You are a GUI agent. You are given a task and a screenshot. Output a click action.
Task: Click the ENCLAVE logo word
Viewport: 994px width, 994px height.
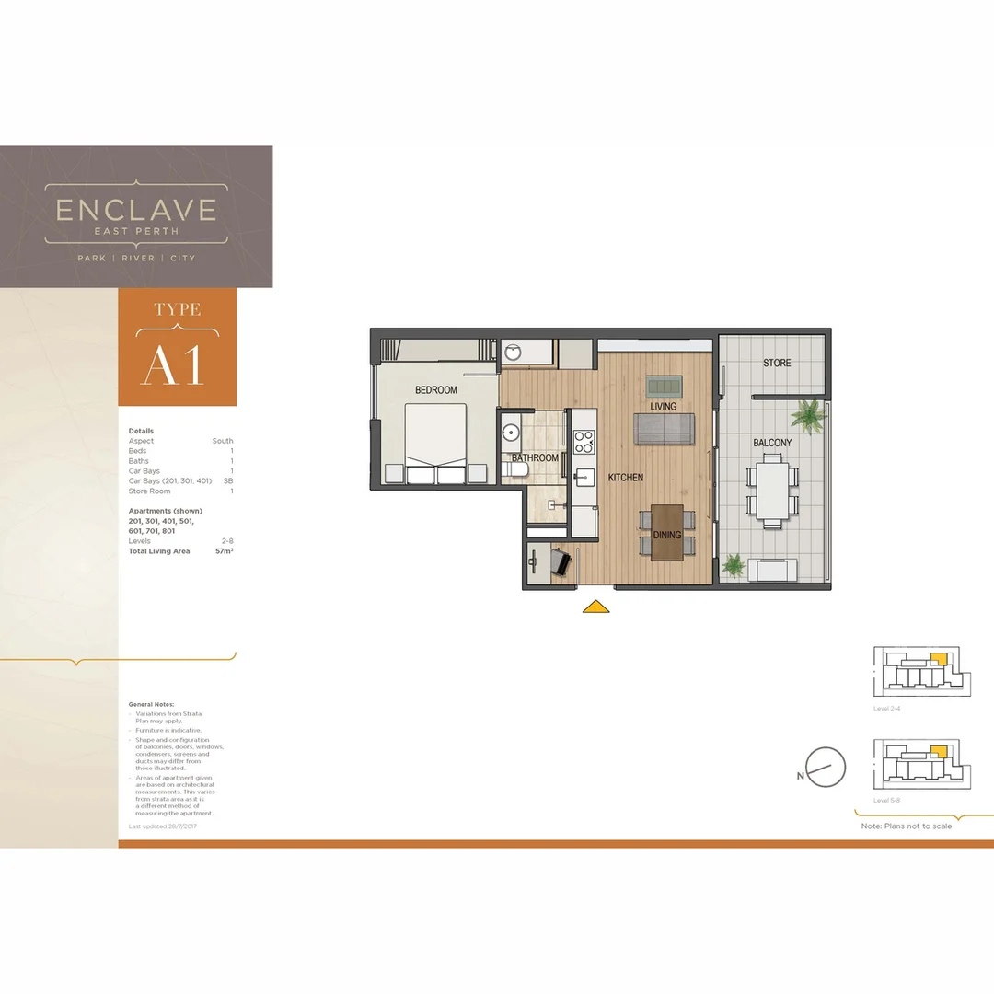pyautogui.click(x=136, y=211)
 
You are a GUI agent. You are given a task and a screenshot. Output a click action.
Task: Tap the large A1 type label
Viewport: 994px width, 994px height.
pyautogui.click(x=172, y=365)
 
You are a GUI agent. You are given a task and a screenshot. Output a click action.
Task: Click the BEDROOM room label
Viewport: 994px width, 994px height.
pyautogui.click(x=435, y=390)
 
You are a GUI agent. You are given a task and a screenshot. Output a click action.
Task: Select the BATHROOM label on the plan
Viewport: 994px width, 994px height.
pyautogui.click(x=535, y=458)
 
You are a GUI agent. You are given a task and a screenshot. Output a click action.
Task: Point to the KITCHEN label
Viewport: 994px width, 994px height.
pyautogui.click(x=625, y=478)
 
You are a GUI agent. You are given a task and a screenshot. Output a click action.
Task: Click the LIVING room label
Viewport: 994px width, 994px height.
pyautogui.click(x=663, y=406)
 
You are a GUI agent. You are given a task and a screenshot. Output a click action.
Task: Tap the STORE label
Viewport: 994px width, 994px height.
pyautogui.click(x=777, y=364)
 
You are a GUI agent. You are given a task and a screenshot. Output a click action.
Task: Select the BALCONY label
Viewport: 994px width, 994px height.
pyautogui.click(x=772, y=443)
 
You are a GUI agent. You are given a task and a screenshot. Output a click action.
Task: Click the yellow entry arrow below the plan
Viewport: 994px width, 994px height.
pyautogui.click(x=596, y=607)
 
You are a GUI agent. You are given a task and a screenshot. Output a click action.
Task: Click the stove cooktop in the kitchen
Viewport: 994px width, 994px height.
pyautogui.click(x=584, y=443)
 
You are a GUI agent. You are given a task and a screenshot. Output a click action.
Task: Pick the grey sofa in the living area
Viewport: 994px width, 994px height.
pyautogui.click(x=664, y=428)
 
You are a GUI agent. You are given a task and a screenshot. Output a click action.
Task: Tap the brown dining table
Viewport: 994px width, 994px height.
pyautogui.click(x=667, y=533)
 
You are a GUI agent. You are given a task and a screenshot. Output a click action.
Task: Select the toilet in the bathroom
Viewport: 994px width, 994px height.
pyautogui.click(x=516, y=469)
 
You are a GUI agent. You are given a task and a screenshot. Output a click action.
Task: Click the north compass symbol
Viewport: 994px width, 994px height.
pyautogui.click(x=825, y=767)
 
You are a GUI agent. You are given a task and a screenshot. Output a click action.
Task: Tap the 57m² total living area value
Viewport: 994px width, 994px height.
pyautogui.click(x=222, y=551)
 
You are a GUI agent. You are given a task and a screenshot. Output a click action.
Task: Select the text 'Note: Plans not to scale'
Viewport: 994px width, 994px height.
pyautogui.click(x=907, y=826)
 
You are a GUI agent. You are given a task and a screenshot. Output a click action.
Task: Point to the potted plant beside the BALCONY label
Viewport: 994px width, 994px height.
pyautogui.click(x=809, y=415)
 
